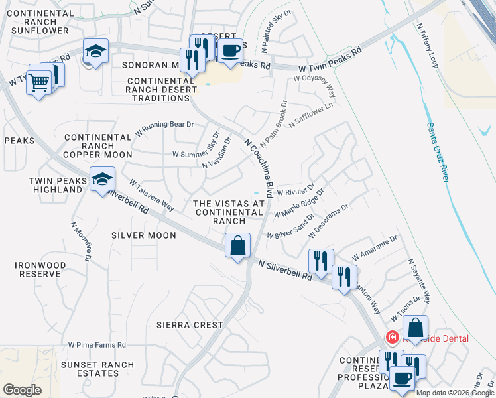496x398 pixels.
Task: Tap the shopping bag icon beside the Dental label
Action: [415, 328]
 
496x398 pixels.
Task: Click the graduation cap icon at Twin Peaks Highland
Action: [102, 180]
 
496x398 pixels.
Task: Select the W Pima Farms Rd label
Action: [97, 345]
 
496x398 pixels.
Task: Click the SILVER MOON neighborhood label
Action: [144, 235]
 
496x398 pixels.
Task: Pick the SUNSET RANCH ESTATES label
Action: [97, 369]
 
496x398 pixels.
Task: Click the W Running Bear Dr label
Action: [164, 128]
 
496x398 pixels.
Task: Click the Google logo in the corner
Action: [22, 389]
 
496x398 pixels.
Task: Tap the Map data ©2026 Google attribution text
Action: [455, 393]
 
